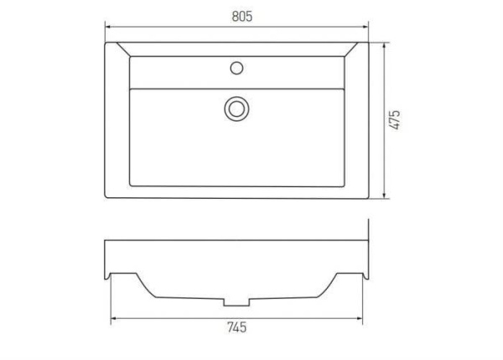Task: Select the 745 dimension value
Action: pyautogui.click(x=237, y=328)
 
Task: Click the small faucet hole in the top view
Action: pyautogui.click(x=238, y=65)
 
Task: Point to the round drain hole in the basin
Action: pyautogui.click(x=238, y=107)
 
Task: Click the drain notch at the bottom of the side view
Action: pyautogui.click(x=237, y=301)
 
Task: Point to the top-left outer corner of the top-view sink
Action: pyautogui.click(x=105, y=42)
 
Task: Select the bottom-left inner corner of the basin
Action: pyautogui.click(x=130, y=186)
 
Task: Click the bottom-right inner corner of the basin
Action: pyautogui.click(x=345, y=186)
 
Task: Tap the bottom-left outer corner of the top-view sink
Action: pyautogui.click(x=105, y=199)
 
